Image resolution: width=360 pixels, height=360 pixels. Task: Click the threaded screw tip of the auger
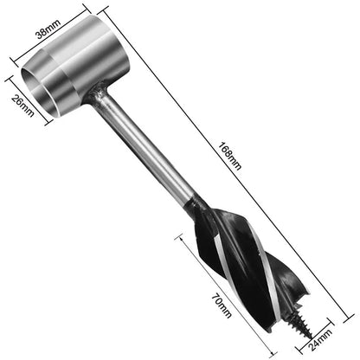283,330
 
